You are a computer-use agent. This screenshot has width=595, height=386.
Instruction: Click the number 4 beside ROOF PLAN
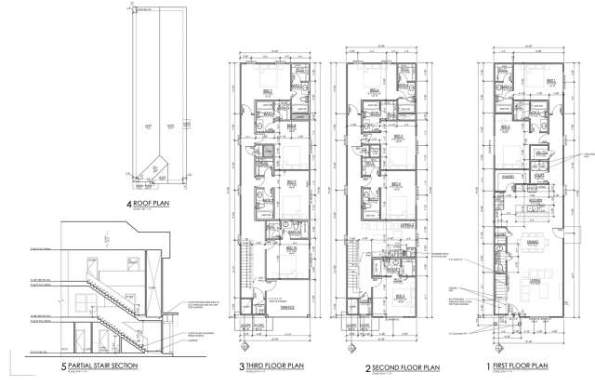click(x=130, y=208)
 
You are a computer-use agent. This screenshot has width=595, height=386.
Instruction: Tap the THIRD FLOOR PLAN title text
click(x=276, y=366)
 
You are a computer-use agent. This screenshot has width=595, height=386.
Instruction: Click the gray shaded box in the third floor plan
click(x=268, y=151)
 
